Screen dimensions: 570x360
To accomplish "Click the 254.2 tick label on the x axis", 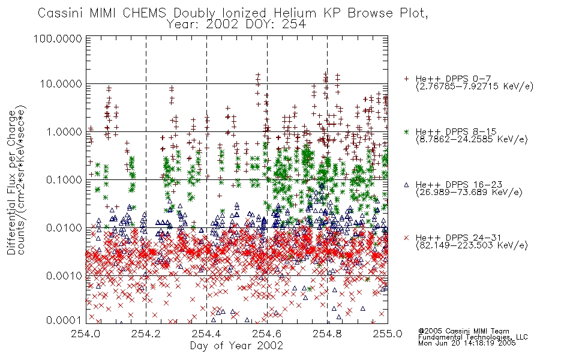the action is click(146, 334).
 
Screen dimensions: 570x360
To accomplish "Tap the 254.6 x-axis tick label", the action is click(267, 334).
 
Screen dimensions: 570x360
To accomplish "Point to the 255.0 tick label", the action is click(388, 334).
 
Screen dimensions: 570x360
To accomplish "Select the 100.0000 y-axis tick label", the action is click(58, 38).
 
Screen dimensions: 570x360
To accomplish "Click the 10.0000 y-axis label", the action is click(61, 84).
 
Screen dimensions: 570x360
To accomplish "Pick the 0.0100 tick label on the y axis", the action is click(64, 228).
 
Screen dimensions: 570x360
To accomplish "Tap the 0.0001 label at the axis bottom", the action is click(64, 320).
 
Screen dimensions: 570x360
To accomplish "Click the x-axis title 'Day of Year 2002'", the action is click(236, 346).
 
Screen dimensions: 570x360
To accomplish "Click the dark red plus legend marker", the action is click(406, 79).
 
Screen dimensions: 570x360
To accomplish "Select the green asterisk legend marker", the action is click(406, 131).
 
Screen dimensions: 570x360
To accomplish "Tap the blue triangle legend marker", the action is click(406, 185).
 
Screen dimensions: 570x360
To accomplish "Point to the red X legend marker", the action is click(406, 238).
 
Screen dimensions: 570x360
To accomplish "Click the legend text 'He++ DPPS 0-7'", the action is click(453, 79).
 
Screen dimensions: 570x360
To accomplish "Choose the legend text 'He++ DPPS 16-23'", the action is click(459, 185).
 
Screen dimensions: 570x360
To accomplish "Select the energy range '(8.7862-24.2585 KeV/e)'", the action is click(472, 139).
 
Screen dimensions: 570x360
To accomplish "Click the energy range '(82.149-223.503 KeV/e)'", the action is click(472, 245).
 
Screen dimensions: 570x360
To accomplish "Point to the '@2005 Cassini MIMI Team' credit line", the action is click(463, 331).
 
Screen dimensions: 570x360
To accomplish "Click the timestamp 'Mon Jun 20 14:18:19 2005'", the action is click(467, 343).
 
